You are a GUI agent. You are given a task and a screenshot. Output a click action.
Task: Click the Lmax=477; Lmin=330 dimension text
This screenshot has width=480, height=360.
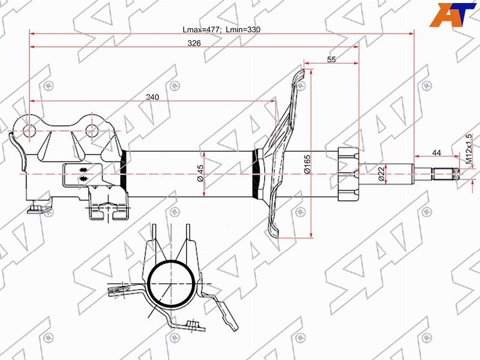(221, 29)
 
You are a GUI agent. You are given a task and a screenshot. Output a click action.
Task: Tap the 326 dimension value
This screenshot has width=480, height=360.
(194, 43)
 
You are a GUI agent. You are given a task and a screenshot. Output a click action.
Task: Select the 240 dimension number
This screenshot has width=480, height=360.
(152, 97)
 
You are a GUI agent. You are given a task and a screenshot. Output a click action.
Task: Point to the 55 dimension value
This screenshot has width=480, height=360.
(331, 59)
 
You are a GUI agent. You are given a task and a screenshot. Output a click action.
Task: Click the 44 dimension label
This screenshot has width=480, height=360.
(437, 152)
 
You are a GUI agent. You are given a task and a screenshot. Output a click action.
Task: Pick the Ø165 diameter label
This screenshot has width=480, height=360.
(307, 164)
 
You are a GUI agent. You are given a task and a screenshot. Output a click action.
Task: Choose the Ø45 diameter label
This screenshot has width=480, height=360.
(200, 173)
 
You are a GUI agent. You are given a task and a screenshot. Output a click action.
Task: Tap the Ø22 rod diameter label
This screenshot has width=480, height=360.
(381, 174)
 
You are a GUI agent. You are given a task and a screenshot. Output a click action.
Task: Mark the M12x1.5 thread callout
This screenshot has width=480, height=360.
(469, 149)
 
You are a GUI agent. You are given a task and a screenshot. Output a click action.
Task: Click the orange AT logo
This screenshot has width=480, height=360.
(453, 14)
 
